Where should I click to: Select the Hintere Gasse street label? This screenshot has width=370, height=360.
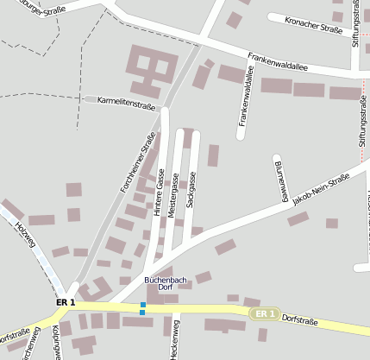(160, 191)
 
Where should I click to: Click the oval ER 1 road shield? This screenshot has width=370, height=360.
(266, 313)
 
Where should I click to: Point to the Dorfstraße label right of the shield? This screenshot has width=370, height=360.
(300, 322)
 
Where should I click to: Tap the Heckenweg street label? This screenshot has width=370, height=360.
(173, 338)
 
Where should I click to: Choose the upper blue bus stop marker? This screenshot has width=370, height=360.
(142, 304)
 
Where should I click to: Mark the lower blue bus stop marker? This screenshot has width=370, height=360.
(141, 313)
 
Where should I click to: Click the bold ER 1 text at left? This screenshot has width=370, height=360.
(66, 303)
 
